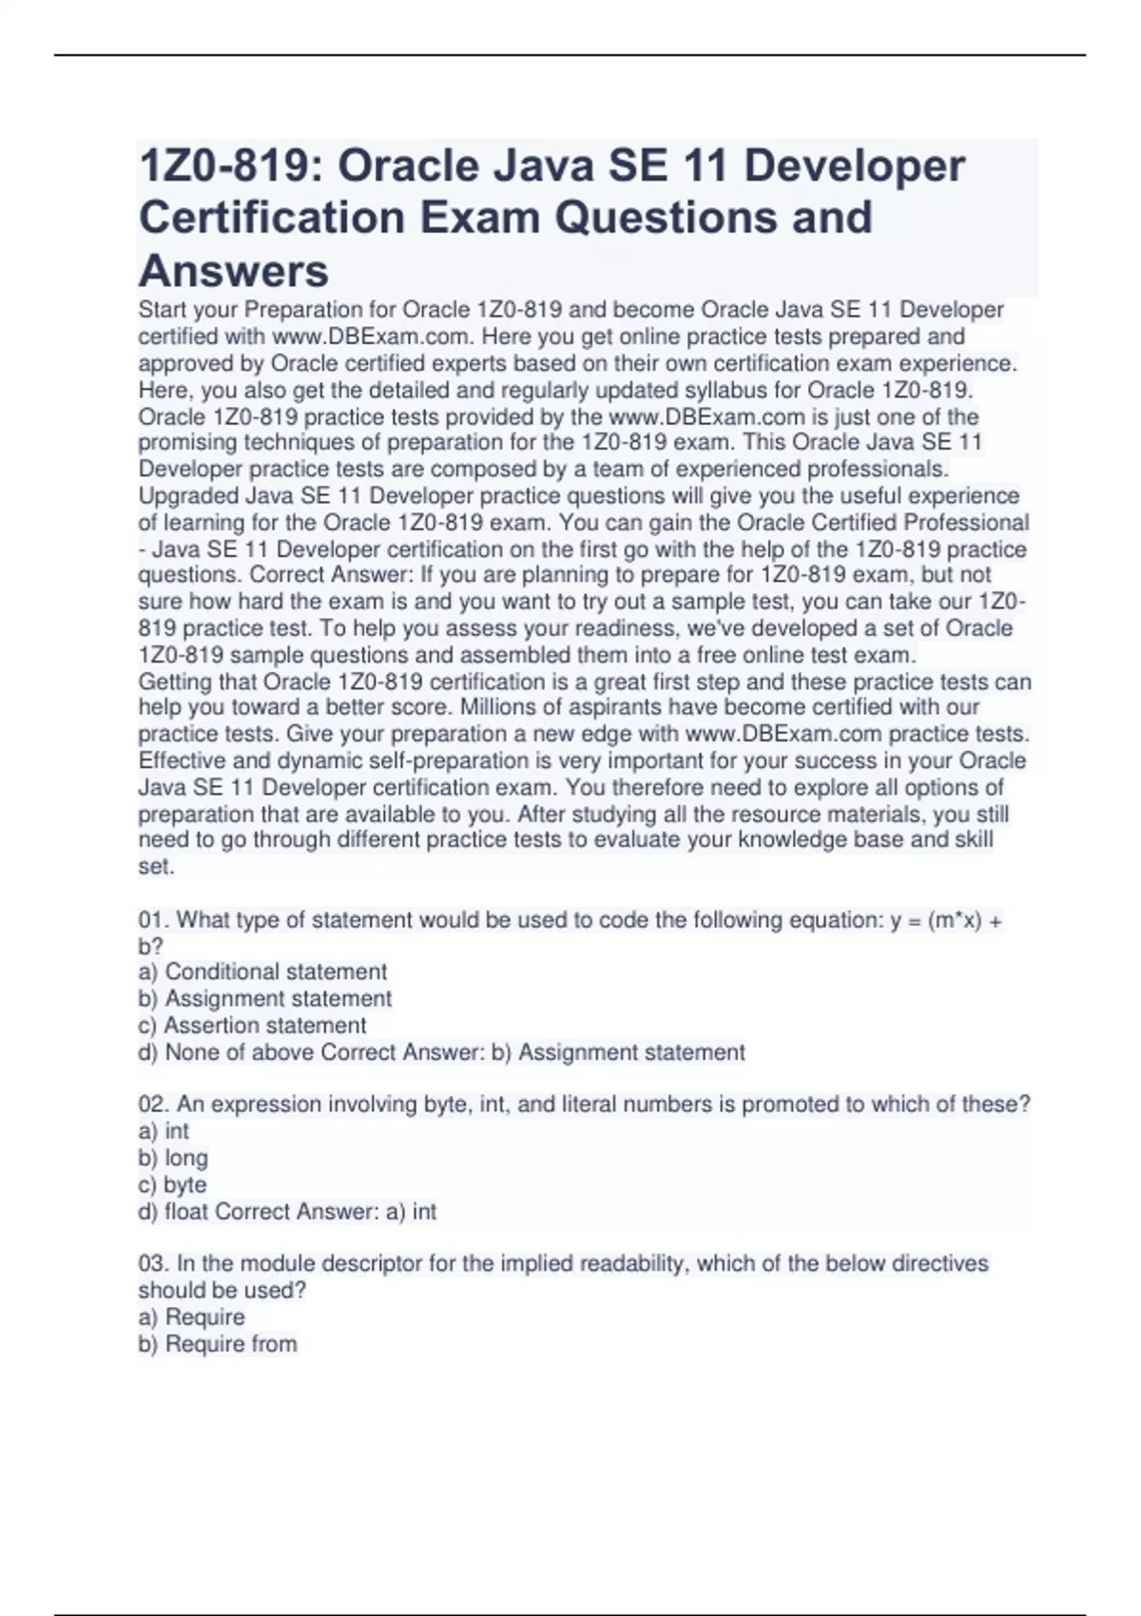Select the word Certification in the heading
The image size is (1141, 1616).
click(271, 218)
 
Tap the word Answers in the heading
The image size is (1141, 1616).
click(234, 271)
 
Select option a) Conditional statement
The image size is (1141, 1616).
click(262, 972)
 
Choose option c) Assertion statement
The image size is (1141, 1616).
click(252, 1025)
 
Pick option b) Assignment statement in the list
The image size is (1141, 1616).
click(265, 998)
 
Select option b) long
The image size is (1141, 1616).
click(173, 1158)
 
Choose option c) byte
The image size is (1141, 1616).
click(172, 1184)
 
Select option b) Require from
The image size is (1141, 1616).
click(218, 1343)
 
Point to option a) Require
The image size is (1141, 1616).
click(191, 1317)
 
